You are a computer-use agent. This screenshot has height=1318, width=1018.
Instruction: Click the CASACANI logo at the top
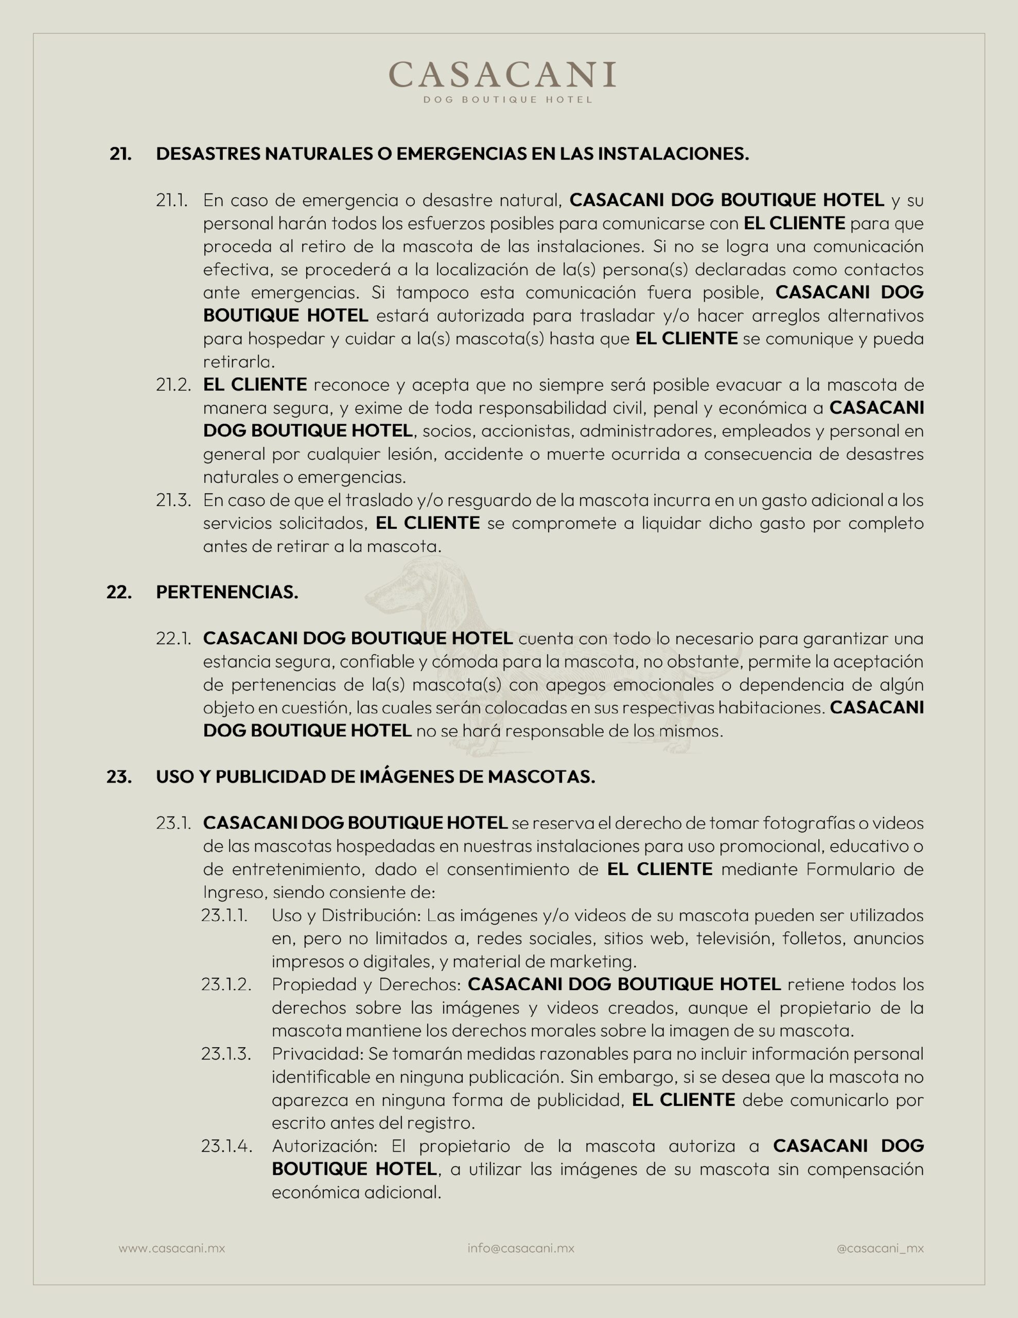tap(502, 75)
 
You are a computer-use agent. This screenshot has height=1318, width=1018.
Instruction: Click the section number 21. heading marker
tap(120, 154)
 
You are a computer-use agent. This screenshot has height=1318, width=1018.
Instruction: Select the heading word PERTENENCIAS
tap(227, 592)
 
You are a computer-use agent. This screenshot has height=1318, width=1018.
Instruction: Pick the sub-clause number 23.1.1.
tap(224, 915)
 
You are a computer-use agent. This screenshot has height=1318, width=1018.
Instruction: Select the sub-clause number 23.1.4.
tap(226, 1146)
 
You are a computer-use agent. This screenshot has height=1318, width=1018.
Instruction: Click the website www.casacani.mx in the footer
tap(171, 1248)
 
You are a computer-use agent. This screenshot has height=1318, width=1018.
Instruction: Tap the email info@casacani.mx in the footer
tap(521, 1248)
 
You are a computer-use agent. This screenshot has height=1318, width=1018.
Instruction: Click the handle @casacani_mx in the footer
tap(880, 1248)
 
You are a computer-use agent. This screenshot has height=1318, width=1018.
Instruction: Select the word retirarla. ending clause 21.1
tap(239, 361)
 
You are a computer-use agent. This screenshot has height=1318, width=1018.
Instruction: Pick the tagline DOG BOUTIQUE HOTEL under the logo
tap(507, 99)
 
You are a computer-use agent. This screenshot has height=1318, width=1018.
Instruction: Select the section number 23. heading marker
tap(119, 777)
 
